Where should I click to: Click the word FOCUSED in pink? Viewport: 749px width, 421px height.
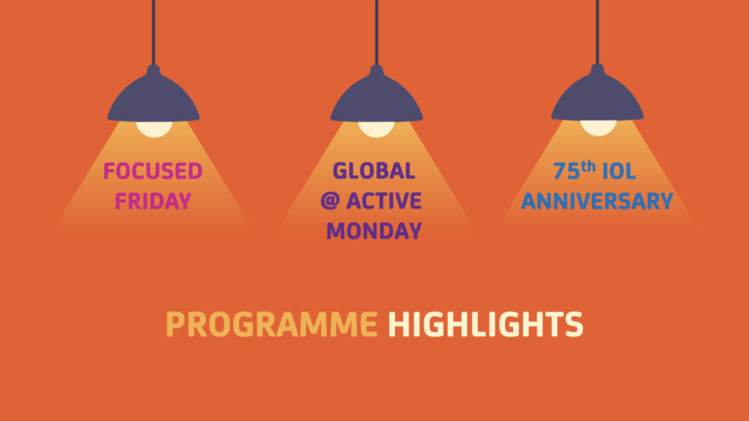click(x=153, y=172)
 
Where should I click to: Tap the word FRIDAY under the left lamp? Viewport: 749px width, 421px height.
click(x=153, y=201)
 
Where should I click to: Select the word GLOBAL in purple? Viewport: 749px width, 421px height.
click(x=374, y=171)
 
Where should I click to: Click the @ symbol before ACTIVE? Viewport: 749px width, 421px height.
click(x=330, y=201)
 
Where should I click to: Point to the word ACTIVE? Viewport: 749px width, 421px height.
click(x=384, y=201)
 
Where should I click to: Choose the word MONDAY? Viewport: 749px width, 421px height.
click(x=374, y=231)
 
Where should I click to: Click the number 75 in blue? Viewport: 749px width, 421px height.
click(x=567, y=172)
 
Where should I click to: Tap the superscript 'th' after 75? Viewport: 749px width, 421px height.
click(x=588, y=167)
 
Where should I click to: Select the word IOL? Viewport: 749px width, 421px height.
click(x=619, y=172)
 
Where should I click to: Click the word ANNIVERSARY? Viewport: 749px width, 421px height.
click(x=597, y=201)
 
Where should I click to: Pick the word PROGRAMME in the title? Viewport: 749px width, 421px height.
click(x=271, y=325)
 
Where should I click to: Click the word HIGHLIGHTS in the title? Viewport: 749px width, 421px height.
click(x=486, y=325)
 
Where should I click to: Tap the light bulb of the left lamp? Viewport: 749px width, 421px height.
click(x=154, y=129)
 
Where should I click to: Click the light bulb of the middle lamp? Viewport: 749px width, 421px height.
click(x=376, y=129)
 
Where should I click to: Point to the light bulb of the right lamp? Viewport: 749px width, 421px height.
click(x=598, y=128)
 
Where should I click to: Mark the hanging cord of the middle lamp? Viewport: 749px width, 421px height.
click(x=376, y=32)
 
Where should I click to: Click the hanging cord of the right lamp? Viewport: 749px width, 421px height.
click(x=597, y=32)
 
